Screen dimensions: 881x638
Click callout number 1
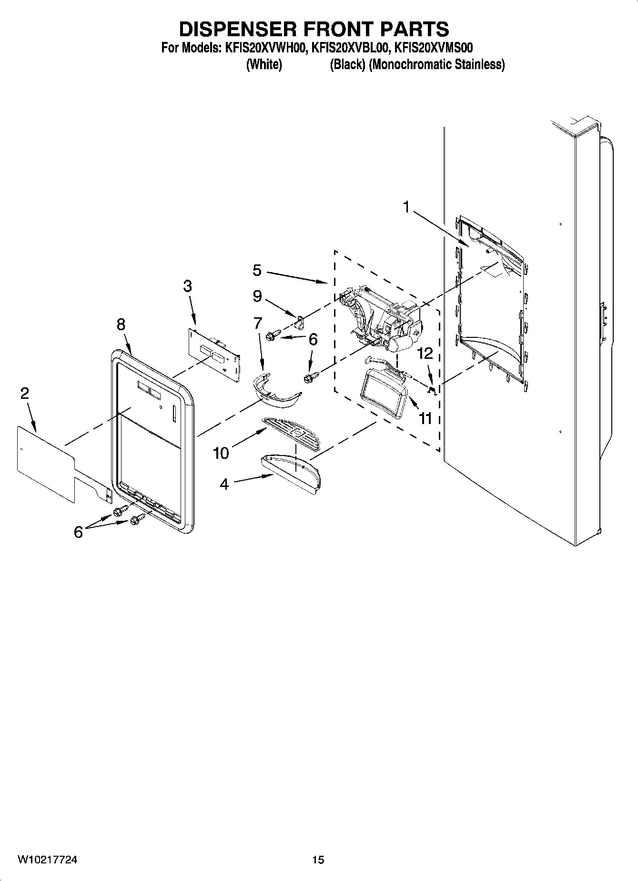pos(406,207)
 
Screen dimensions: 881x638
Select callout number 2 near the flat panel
pos(24,394)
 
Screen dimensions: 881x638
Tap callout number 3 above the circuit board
pos(187,286)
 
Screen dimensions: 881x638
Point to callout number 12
pos(425,353)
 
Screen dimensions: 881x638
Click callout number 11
pos(425,418)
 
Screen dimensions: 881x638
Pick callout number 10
pos(221,453)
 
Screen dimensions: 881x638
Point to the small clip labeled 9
pos(301,324)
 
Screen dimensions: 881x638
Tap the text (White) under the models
pos(264,64)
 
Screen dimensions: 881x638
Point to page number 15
pos(318,860)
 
